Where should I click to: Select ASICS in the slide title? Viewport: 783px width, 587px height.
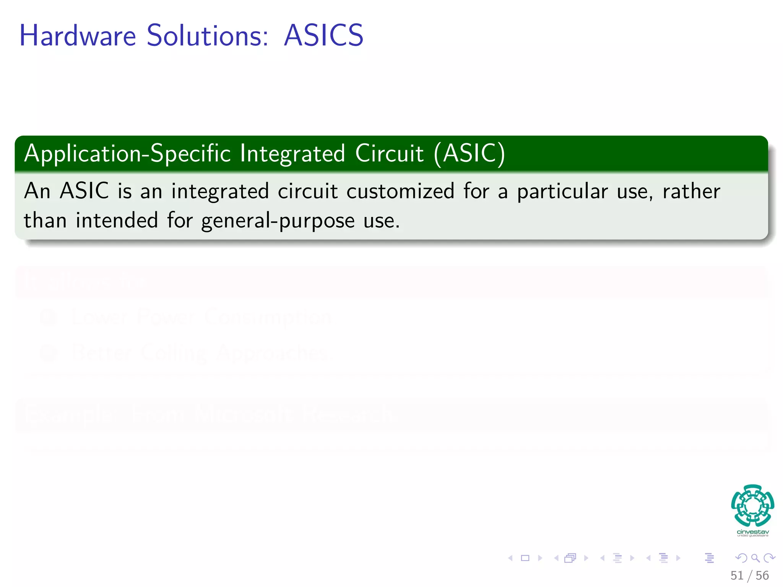pos(323,36)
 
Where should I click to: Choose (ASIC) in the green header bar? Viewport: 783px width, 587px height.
pos(469,154)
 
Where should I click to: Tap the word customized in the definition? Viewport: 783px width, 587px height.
pos(400,191)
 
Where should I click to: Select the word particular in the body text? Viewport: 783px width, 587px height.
pos(562,192)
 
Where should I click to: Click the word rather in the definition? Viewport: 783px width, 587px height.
pos(691,191)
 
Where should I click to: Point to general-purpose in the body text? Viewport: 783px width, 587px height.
pos(278,221)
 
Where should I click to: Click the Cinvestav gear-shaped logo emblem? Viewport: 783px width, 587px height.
pos(752,506)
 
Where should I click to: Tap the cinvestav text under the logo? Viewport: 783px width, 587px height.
pos(752,532)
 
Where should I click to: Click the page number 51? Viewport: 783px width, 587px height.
pos(737,575)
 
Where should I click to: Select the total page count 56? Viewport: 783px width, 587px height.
pos(762,575)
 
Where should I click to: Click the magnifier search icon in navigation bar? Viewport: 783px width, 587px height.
pos(755,558)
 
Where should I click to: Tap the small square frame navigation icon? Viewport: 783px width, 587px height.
pos(525,558)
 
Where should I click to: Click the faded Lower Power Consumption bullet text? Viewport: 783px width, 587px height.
pos(201,317)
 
